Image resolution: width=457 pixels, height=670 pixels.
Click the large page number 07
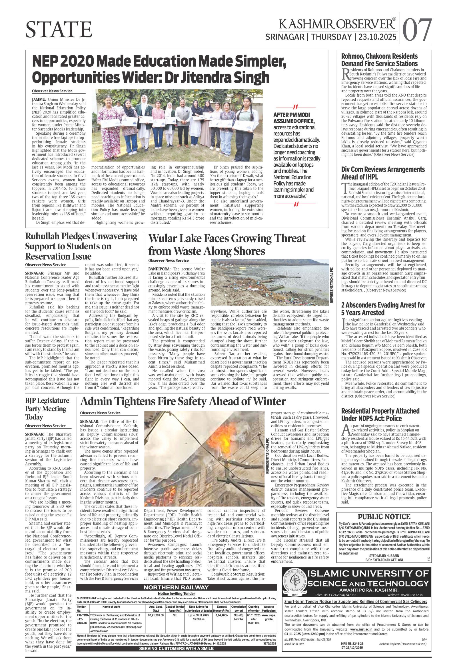[x=417, y=30]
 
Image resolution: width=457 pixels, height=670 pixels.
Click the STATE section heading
[x=59, y=30]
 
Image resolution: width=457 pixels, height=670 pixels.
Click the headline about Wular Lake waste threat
[x=227, y=245]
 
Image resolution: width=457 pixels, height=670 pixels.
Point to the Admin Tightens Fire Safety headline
[x=183, y=401]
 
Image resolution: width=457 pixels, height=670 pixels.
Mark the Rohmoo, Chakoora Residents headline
[x=379, y=59]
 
